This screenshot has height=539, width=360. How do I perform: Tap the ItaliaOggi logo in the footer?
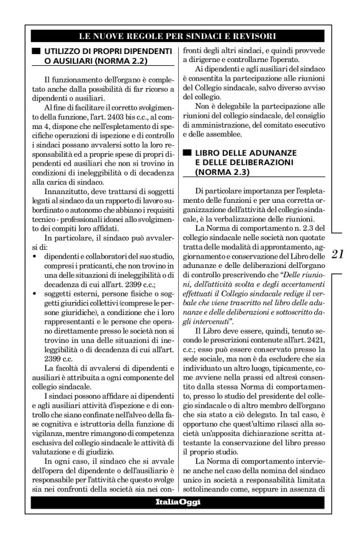180,501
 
